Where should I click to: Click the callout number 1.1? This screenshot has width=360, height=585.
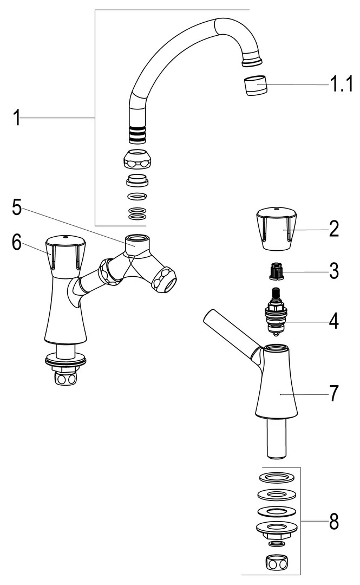341,85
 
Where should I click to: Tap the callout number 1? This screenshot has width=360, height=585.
16,118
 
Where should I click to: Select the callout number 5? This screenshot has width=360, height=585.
16,207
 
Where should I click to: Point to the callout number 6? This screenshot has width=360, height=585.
17,243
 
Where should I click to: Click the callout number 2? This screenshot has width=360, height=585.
334,229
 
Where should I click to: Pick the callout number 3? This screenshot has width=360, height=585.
334,271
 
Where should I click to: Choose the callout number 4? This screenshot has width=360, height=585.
333,322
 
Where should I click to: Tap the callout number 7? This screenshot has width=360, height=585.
334,394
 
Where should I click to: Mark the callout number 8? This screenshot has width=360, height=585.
334,521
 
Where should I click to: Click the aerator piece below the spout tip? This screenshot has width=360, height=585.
256,86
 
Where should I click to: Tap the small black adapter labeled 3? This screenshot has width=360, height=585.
276,271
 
